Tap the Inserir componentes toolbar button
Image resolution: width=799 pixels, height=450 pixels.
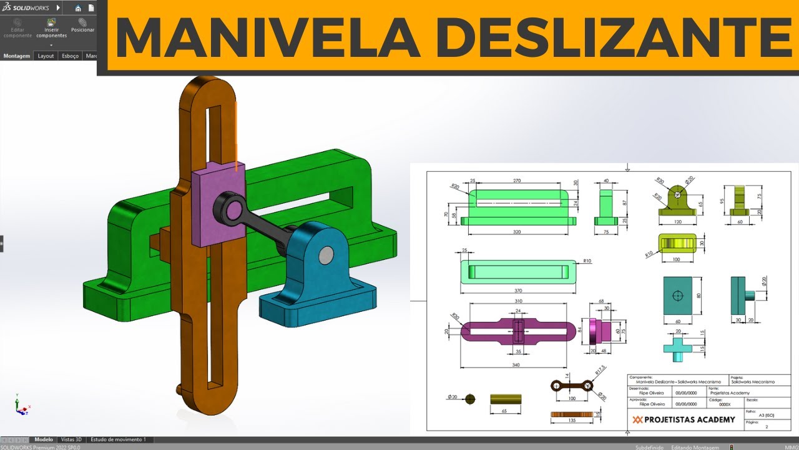tap(51, 29)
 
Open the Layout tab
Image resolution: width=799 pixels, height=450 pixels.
tap(46, 56)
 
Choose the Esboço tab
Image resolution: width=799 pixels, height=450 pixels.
tap(71, 56)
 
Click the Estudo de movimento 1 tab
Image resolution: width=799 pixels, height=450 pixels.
tap(118, 439)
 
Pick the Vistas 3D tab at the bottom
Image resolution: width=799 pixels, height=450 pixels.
tap(71, 439)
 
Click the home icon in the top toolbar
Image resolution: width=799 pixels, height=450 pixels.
tap(78, 8)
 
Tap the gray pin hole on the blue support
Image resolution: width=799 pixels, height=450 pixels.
tap(326, 254)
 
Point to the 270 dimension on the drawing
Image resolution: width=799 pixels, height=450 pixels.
tap(517, 181)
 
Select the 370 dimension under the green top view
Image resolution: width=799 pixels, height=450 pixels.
tap(518, 291)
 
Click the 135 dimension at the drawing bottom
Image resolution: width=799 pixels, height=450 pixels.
tap(572, 421)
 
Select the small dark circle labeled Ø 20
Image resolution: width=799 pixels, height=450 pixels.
tap(470, 399)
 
